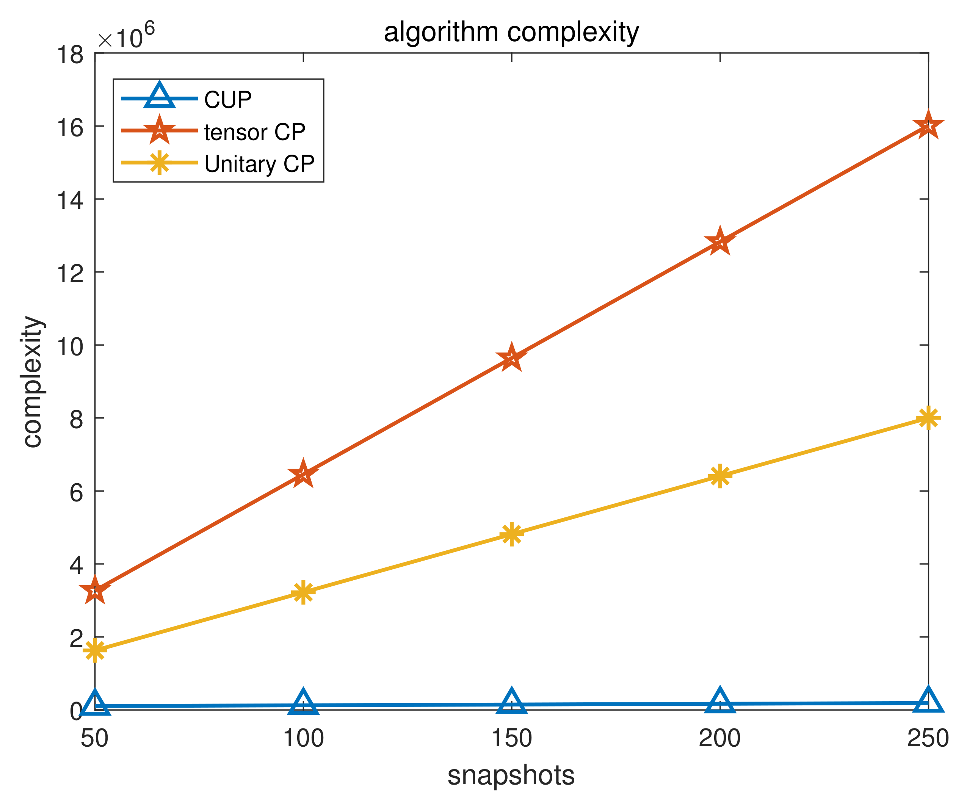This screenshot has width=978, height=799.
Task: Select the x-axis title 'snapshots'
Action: click(511, 775)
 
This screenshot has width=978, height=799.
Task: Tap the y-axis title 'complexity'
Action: click(33, 382)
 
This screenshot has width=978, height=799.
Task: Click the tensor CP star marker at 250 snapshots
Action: click(928, 126)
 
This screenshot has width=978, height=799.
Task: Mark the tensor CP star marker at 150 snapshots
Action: click(511, 358)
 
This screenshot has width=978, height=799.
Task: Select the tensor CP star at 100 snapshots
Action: click(303, 474)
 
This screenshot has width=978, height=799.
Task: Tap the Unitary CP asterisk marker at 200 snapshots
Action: click(720, 476)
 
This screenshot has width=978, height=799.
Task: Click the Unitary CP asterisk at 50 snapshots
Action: click(95, 650)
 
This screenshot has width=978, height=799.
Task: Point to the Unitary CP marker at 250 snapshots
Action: click(928, 418)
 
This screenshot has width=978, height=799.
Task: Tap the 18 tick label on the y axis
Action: click(70, 55)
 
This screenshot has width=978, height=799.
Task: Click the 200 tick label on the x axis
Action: click(719, 738)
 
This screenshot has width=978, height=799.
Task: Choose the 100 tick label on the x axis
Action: click(303, 738)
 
